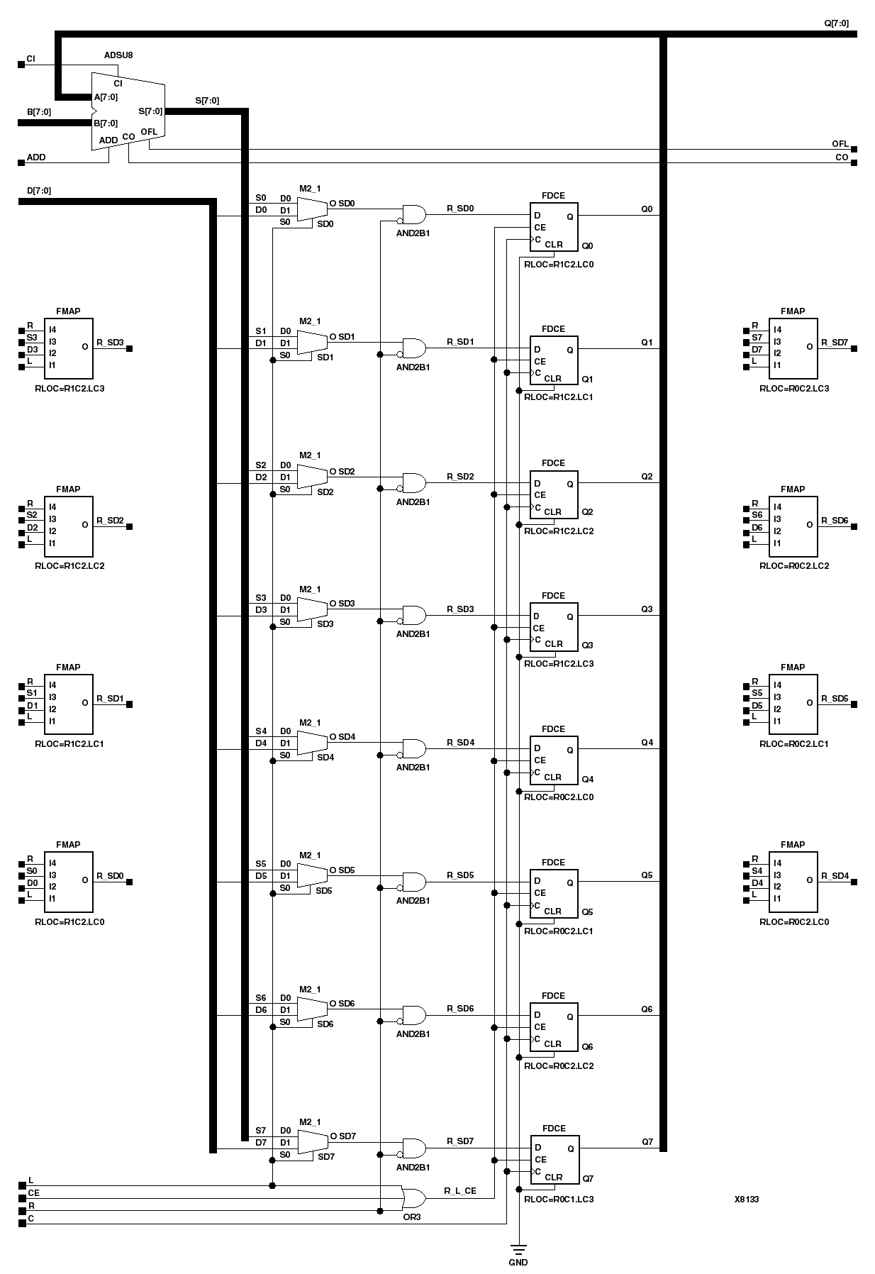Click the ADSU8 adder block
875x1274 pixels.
(x=128, y=111)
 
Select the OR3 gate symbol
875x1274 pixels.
(x=413, y=1198)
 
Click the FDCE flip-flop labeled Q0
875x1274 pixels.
(x=554, y=227)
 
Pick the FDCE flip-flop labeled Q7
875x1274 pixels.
(x=554, y=1159)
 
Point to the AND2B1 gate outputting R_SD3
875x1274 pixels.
(x=414, y=615)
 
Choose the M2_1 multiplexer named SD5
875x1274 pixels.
(x=311, y=875)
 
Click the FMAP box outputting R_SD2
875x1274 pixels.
(x=68, y=526)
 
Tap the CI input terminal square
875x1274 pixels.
(x=21, y=65)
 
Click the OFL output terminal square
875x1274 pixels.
(x=854, y=149)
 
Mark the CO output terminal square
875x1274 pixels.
(x=854, y=162)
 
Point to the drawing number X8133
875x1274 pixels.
(x=747, y=1200)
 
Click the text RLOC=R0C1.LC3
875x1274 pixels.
(x=558, y=1200)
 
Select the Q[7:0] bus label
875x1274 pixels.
(x=836, y=23)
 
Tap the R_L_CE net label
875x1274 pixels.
(x=460, y=1191)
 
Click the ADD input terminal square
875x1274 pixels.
(x=21, y=162)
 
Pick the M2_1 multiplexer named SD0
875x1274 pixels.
(x=311, y=209)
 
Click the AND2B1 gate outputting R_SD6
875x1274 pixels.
(x=414, y=1015)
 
